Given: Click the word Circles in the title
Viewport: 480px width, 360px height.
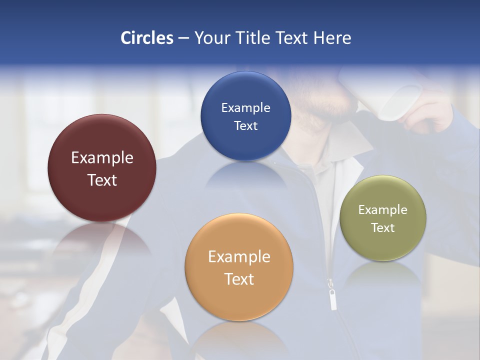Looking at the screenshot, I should pyautogui.click(x=146, y=38).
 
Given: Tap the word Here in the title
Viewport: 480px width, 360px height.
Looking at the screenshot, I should pyautogui.click(x=332, y=38).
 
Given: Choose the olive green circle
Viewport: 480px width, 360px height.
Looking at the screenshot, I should pyautogui.click(x=383, y=245).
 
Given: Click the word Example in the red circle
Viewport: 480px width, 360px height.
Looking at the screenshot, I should pyautogui.click(x=102, y=158).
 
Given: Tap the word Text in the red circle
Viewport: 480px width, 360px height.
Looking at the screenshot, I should pyautogui.click(x=102, y=180).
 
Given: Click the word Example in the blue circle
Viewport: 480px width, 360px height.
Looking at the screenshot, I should pyautogui.click(x=245, y=108).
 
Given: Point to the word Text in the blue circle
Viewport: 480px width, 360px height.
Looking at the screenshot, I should pyautogui.click(x=245, y=126).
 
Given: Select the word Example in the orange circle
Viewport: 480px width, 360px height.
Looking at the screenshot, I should pyautogui.click(x=239, y=257).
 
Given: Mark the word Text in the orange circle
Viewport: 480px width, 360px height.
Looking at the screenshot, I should pyautogui.click(x=239, y=279).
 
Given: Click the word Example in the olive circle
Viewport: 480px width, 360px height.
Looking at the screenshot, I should pyautogui.click(x=383, y=210).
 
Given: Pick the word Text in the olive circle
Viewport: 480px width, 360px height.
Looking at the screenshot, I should pyautogui.click(x=383, y=228).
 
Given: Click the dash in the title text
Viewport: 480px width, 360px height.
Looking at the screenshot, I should pyautogui.click(x=183, y=38).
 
